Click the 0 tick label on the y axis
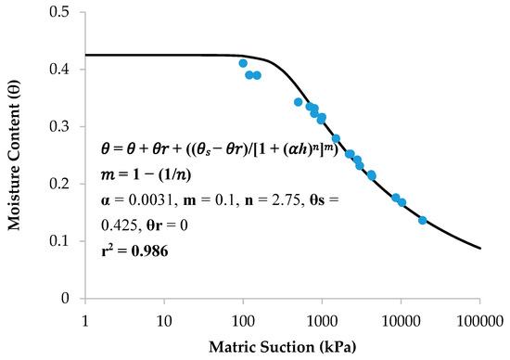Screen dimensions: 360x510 [x=74, y=299]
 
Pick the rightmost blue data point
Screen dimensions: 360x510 [x=423, y=220]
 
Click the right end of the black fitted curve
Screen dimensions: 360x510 [x=479, y=248]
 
